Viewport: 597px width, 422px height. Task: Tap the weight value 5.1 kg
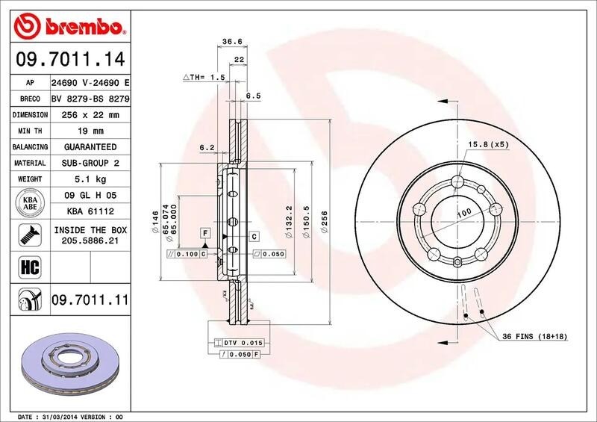coord(90,179)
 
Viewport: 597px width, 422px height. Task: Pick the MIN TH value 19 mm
coord(90,131)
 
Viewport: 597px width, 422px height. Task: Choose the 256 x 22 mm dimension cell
coord(90,115)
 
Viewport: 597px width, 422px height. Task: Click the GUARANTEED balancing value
coord(90,147)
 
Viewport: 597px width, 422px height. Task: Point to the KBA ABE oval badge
coord(31,204)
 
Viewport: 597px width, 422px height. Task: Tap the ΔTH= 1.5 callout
coord(204,77)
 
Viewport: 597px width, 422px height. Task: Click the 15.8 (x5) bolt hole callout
coord(488,144)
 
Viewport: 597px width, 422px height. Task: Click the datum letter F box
coord(203,235)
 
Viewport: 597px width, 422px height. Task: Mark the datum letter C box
coord(254,236)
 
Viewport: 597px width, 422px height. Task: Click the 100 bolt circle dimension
coord(464,214)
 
